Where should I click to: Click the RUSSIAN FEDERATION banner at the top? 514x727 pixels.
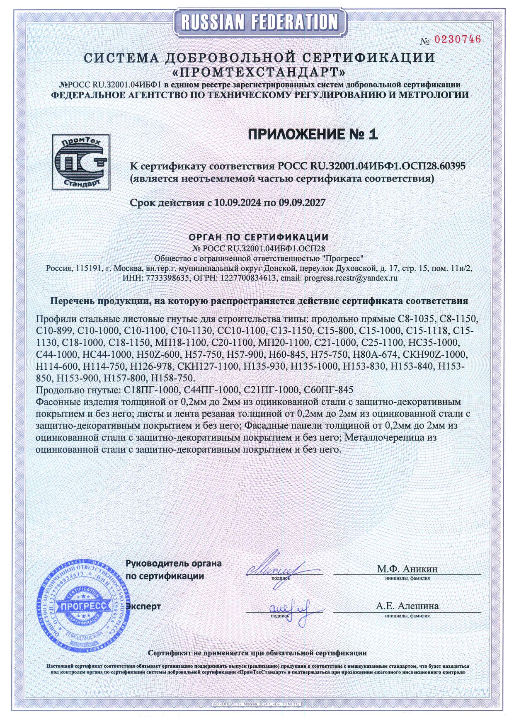coord(259,22)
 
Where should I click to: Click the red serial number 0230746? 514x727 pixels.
coord(457,39)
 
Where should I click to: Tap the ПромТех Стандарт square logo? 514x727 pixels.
coord(81,162)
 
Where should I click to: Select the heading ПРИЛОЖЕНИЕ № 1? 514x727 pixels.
coord(313,134)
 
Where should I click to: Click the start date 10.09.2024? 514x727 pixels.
coord(238,203)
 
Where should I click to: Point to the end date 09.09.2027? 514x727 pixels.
coord(301,203)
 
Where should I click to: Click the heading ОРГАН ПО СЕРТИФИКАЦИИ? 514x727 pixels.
coord(259,237)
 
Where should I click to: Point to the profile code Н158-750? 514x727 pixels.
coord(172,378)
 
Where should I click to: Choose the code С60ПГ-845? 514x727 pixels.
coord(329,390)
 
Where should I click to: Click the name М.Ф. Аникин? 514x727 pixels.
coord(407,569)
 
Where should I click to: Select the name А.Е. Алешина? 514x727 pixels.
coord(407,606)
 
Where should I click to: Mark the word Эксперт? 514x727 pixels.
coord(143,606)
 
